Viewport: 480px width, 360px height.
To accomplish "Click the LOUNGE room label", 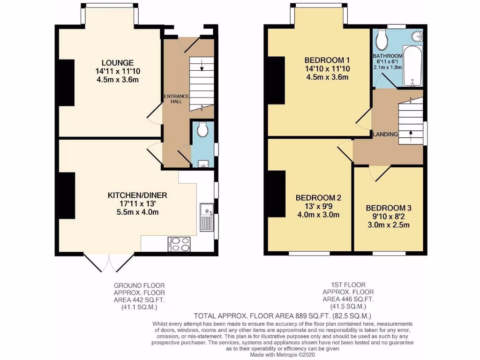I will pyautogui.click(x=118, y=63).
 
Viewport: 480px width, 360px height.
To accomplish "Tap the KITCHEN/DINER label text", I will pyautogui.click(x=137, y=195).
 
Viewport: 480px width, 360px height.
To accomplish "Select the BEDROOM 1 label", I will pyautogui.click(x=327, y=60).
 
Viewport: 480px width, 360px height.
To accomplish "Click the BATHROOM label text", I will pyautogui.click(x=389, y=55).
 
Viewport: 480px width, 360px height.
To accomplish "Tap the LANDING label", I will pyautogui.click(x=385, y=135).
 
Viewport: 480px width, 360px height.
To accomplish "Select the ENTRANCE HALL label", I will pyautogui.click(x=176, y=99).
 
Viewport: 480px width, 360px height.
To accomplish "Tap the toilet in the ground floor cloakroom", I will pyautogui.click(x=203, y=130).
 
